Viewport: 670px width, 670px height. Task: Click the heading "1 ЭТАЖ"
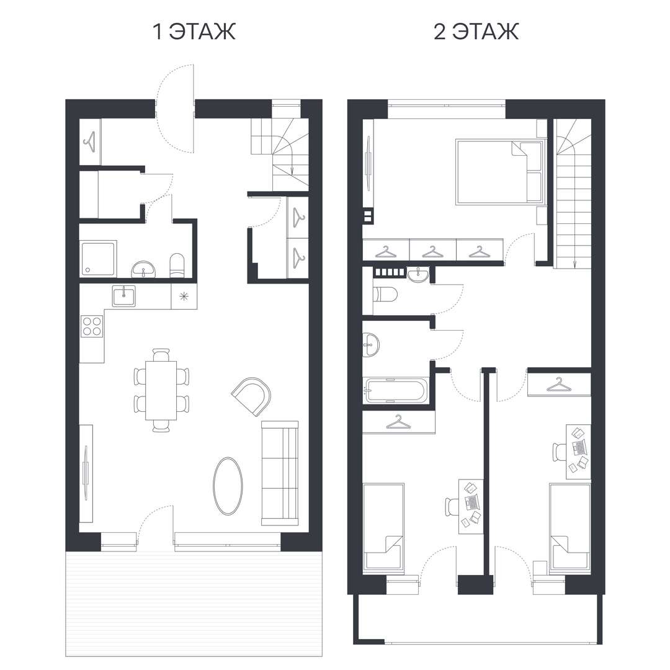tap(194, 32)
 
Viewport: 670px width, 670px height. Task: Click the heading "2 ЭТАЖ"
tap(476, 32)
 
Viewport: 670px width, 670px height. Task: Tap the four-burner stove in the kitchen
tap(92, 326)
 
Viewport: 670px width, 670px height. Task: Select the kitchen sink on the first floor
tap(124, 296)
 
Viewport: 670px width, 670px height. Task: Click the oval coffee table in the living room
tap(228, 486)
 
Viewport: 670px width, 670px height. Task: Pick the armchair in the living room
tap(252, 396)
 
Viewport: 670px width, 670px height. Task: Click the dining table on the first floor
tap(161, 390)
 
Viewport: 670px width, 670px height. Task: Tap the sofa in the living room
tap(280, 473)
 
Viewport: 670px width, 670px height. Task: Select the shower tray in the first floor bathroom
tap(98, 259)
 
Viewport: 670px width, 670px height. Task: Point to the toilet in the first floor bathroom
tap(177, 266)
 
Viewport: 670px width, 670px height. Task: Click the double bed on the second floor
tap(499, 171)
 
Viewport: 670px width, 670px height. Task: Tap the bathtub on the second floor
tap(395, 390)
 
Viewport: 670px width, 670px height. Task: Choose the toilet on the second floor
tap(385, 295)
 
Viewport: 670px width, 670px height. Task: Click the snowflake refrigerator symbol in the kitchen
tap(184, 297)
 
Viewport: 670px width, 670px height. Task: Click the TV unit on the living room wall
tap(86, 473)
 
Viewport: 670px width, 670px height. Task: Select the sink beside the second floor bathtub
tap(370, 345)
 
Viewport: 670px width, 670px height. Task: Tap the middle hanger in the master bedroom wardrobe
tap(432, 251)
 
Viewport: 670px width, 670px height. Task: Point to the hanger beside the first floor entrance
tap(90, 141)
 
